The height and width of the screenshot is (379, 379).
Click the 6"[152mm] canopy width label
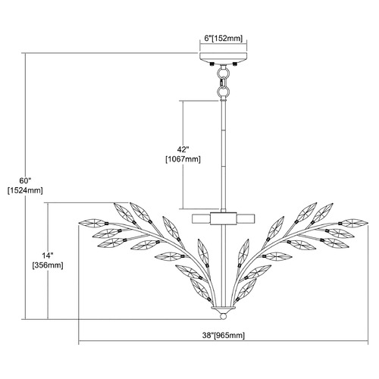click(x=224, y=39)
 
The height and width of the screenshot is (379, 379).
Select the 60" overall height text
click(x=25, y=180)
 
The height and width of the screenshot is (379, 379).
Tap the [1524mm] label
click(x=25, y=190)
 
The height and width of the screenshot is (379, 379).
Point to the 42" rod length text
click(x=183, y=149)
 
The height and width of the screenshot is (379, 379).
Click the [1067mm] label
click(x=183, y=159)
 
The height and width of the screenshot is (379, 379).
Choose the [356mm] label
click(x=48, y=265)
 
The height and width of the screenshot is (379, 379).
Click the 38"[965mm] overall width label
click(x=224, y=336)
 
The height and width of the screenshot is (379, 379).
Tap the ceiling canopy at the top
click(x=224, y=58)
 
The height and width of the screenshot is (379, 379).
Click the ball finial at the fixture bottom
click(x=223, y=317)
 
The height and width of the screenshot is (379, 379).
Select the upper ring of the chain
click(x=223, y=74)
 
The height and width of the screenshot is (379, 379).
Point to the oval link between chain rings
click(x=223, y=83)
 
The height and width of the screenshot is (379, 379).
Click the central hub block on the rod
click(x=224, y=218)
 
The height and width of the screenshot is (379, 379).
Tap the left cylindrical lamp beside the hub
click(x=202, y=218)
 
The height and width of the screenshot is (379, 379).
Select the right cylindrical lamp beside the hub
click(x=246, y=218)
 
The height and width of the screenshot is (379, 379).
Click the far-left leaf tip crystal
click(x=92, y=223)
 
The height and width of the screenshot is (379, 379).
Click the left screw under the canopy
click(x=211, y=64)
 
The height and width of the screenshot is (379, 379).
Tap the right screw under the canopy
click(x=235, y=64)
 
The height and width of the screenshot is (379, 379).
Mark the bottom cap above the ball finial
click(x=223, y=310)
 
